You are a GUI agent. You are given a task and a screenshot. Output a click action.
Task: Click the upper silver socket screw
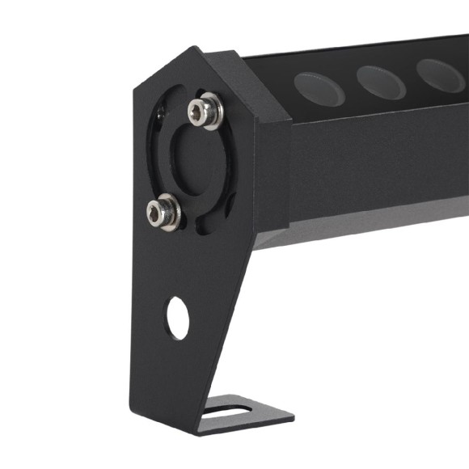[x=205, y=111]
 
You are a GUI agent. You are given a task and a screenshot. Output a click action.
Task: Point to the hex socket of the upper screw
[x=203, y=111]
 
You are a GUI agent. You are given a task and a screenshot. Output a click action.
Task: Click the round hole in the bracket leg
[x=178, y=318]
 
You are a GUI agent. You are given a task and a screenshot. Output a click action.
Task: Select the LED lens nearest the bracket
[x=319, y=88]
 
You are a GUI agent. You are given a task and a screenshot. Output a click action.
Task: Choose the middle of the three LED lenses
[x=381, y=82]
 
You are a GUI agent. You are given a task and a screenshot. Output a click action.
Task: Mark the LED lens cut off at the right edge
[x=442, y=75]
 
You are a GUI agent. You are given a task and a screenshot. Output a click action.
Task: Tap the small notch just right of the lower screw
[x=191, y=218]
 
